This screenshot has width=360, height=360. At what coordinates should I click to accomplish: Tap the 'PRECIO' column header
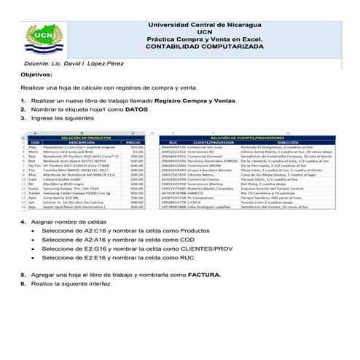pyautogui.click(x=133, y=142)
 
